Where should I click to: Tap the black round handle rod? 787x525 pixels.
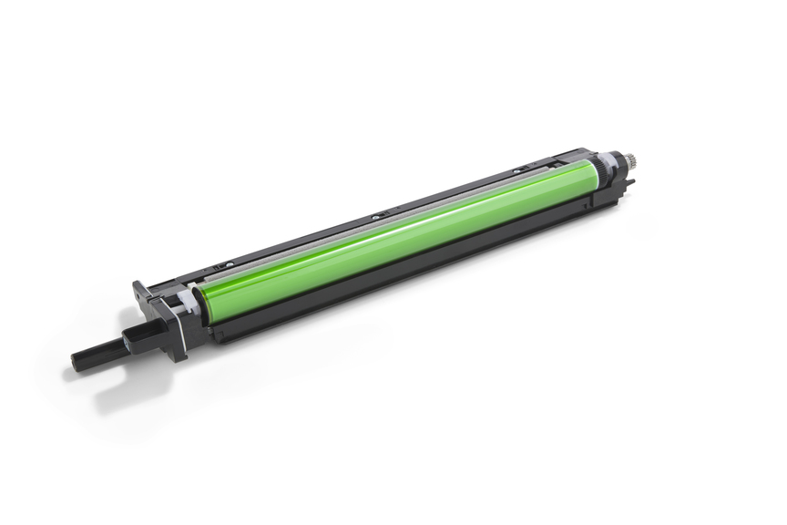click(106, 349)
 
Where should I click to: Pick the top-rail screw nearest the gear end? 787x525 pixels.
click(516, 170)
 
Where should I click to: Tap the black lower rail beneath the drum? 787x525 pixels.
click(410, 273)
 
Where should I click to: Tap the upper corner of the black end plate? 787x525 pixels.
click(138, 286)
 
